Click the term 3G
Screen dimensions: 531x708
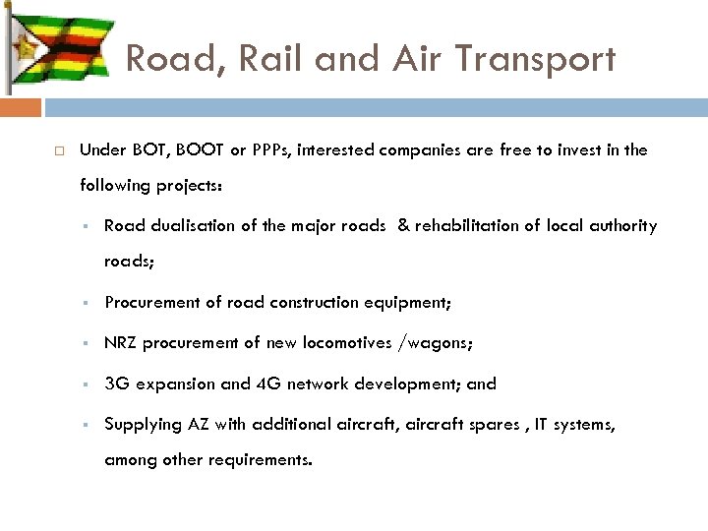tap(116, 383)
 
